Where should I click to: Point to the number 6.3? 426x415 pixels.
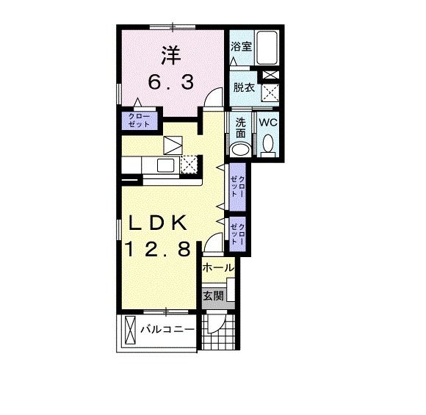[172, 82]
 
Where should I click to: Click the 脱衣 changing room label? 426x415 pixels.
[243, 87]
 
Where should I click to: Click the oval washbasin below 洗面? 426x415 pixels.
[239, 149]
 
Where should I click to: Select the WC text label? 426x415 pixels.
[267, 123]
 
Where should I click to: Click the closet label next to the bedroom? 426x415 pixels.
[139, 120]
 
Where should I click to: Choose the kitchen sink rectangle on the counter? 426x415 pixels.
[162, 165]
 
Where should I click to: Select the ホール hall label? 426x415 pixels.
[217, 268]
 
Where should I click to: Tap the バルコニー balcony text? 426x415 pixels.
[167, 329]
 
